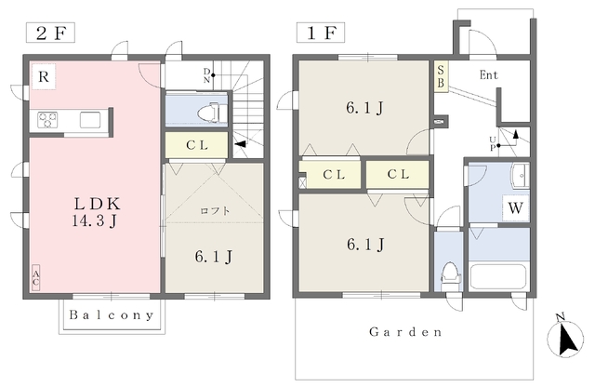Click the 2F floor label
coord(50,33)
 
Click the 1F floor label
coord(321,33)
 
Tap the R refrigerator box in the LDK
coord(44,76)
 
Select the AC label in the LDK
coord(35,277)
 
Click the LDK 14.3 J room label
coord(96,212)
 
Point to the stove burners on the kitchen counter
coord(47,120)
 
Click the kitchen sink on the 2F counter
coord(90,120)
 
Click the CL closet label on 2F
coord(197,145)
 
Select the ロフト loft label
coord(215,210)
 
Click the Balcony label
coord(112,315)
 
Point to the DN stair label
coord(206,75)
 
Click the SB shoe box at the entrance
coord(441,76)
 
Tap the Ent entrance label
coord(489,74)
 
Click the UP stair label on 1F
coord(492,142)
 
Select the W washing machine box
coord(515,208)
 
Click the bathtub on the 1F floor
coord(498,277)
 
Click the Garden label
coord(405,332)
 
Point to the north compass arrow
coord(565,336)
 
